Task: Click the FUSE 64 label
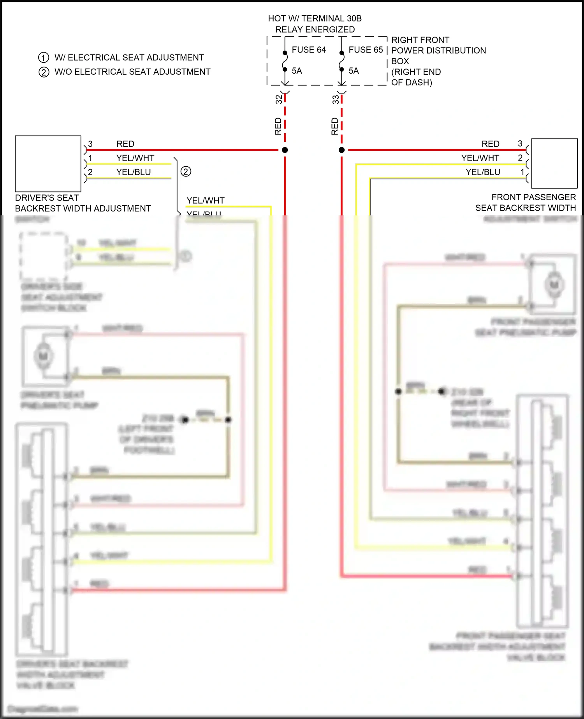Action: [309, 50]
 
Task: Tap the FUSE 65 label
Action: [366, 50]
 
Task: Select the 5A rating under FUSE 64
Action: [297, 71]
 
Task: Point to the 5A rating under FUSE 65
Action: [354, 71]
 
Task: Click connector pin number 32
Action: [279, 99]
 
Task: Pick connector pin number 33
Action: [336, 99]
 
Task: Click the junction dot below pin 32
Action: [285, 150]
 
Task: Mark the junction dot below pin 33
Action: [342, 150]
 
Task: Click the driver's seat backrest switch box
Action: [48, 164]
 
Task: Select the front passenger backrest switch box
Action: [554, 164]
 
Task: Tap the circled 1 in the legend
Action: [44, 58]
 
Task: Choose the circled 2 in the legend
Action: [44, 72]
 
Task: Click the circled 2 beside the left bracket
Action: [186, 171]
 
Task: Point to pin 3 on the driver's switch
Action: [90, 144]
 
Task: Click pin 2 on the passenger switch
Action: [520, 158]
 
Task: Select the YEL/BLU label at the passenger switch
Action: [483, 172]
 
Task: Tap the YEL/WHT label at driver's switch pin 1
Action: [135, 158]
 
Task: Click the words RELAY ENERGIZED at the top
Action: [315, 30]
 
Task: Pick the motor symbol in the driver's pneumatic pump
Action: [43, 356]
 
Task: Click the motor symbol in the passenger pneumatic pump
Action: [554, 285]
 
